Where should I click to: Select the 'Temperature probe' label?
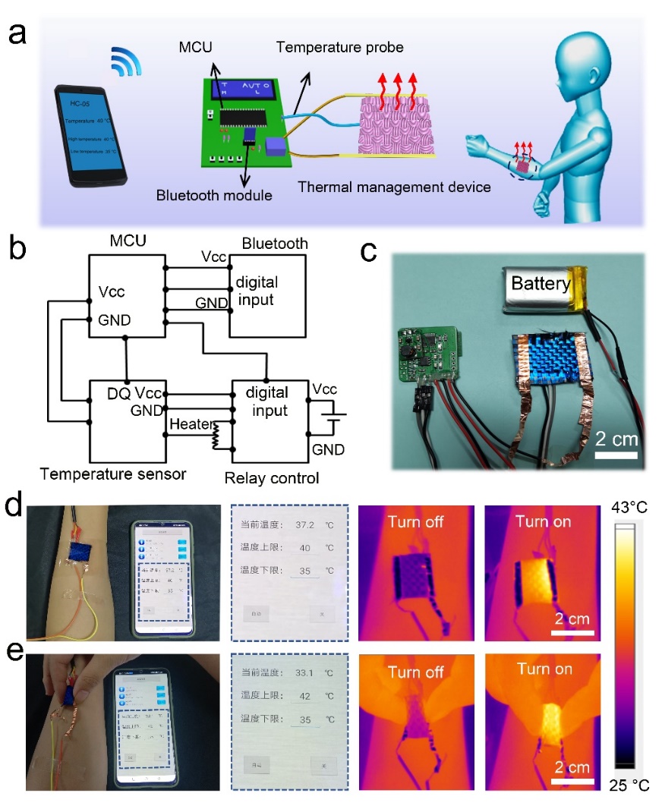coord(339,48)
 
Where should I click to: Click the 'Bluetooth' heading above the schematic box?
coord(274,244)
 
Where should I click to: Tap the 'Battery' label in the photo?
coord(540,285)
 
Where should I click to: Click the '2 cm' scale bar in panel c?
coord(615,444)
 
